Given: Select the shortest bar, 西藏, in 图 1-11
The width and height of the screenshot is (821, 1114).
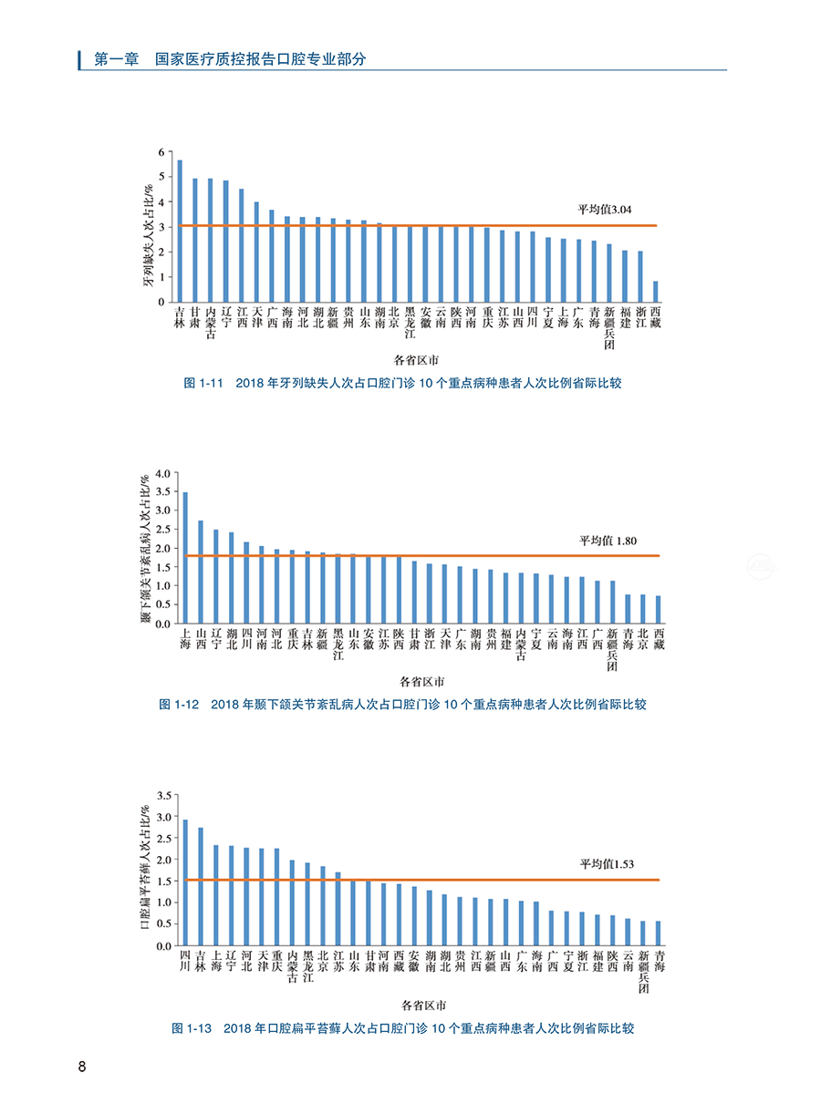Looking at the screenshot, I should [655, 292].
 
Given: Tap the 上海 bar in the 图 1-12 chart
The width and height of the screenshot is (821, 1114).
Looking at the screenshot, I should [185, 558].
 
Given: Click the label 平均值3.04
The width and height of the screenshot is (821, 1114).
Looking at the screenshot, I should [604, 211].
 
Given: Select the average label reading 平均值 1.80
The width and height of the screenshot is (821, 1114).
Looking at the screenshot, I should [607, 541].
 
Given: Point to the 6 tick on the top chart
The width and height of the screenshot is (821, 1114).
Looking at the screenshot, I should [161, 152].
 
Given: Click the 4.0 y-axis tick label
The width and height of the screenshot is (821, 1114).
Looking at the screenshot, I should [162, 473].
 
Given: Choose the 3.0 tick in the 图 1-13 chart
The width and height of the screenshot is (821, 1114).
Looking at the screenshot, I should [162, 817].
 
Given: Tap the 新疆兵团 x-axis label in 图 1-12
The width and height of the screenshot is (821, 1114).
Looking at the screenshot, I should [612, 649].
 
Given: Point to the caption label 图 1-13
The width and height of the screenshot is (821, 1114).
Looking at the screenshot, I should [192, 1028].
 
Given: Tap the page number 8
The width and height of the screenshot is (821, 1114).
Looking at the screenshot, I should [82, 1068].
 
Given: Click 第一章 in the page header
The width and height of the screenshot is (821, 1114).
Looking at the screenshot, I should [116, 59].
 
